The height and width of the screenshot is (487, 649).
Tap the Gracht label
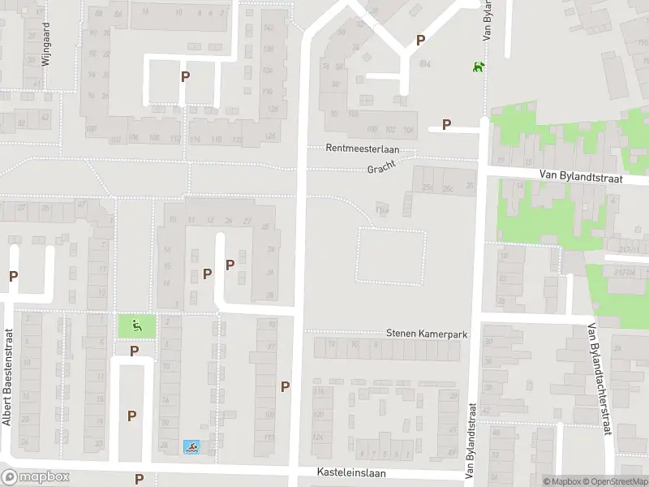pos(380,169)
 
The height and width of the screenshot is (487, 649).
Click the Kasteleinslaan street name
pos(351,472)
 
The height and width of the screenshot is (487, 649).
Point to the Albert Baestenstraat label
pos(7,386)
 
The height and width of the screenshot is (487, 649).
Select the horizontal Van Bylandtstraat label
pos(581,176)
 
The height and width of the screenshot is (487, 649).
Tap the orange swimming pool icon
pos(191,446)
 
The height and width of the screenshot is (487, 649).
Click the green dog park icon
pos(479,66)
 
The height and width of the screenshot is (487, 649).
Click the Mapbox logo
pos(36,477)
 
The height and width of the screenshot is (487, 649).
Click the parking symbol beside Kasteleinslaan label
pos(139,479)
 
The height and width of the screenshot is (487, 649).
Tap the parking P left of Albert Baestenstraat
pos(13,277)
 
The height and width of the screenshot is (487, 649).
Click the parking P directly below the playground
pos(135,351)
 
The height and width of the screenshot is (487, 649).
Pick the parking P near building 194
pos(420,40)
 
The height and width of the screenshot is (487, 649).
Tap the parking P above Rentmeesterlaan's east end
pos(445,124)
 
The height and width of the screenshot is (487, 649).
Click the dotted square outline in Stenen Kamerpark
pos(391,256)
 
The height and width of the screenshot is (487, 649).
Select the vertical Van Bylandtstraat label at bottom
pos(470,439)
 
